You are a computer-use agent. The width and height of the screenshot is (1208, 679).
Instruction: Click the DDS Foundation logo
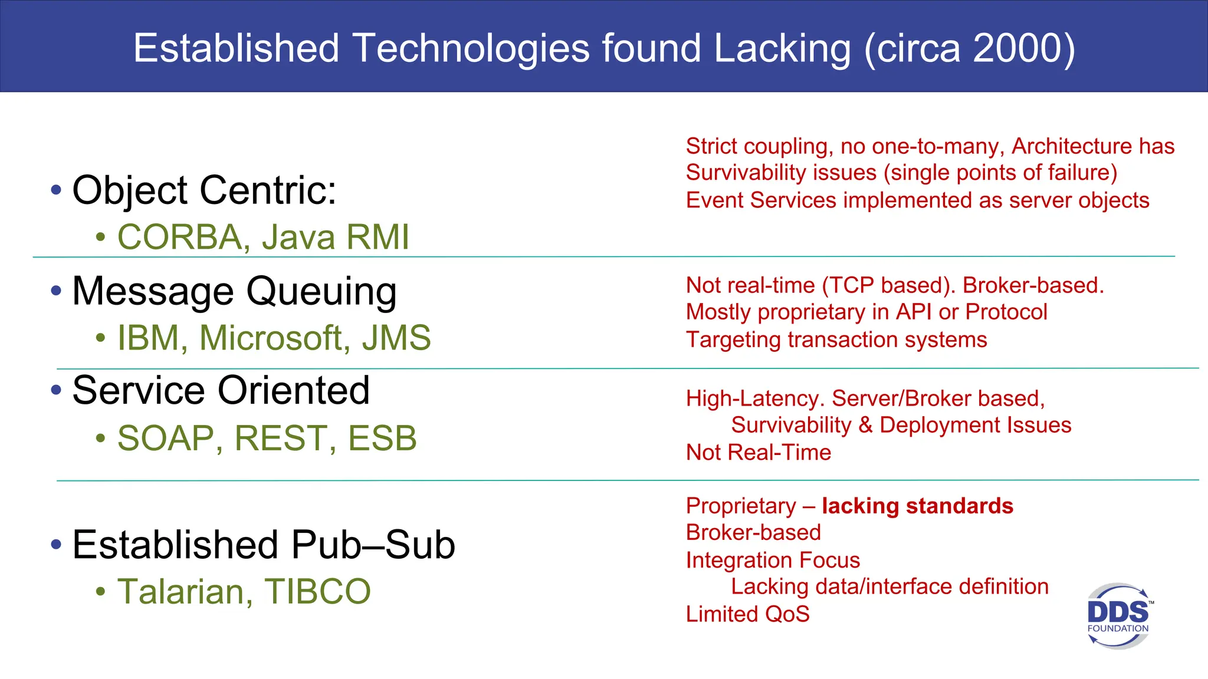click(1118, 616)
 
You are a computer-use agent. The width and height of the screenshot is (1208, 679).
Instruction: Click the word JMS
click(396, 338)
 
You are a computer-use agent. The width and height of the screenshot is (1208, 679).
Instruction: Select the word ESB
click(382, 439)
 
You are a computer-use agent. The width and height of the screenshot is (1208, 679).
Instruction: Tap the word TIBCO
click(317, 591)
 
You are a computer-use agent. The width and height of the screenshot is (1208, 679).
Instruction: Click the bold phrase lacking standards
click(917, 506)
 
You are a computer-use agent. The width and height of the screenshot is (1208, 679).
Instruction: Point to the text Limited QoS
click(747, 614)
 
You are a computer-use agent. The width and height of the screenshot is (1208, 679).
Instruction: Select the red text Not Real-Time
click(759, 452)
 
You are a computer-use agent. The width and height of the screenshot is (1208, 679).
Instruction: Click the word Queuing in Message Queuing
click(321, 292)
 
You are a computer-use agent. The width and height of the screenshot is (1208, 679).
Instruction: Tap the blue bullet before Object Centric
click(56, 190)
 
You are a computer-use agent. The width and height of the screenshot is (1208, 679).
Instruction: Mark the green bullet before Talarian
click(101, 591)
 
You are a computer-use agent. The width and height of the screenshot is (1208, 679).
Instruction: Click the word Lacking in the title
click(782, 48)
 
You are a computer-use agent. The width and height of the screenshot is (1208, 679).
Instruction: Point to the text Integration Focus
click(773, 560)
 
